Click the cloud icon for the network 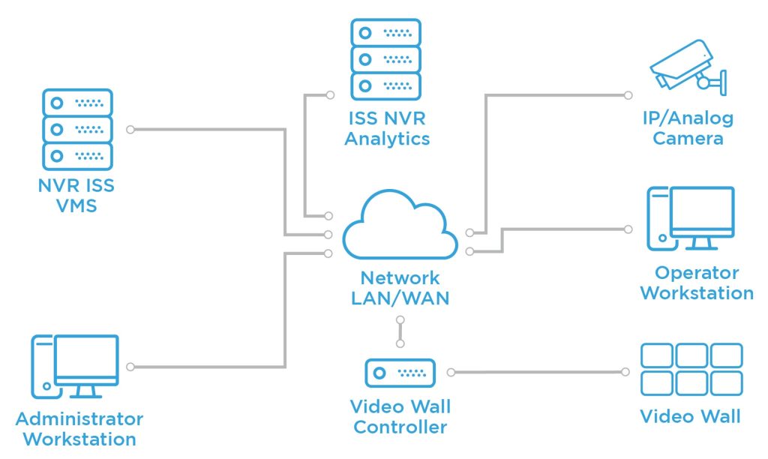click(400, 226)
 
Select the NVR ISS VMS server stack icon click(77, 129)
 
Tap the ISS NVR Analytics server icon click(386, 58)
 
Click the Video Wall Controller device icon click(400, 373)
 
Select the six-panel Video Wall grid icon click(691, 370)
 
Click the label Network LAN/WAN click(400, 287)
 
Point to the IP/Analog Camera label click(688, 128)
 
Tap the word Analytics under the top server click(387, 139)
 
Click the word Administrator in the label click(79, 418)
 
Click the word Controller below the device click(400, 427)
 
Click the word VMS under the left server click(76, 205)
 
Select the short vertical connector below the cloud click(400, 331)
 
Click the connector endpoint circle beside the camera click(628, 95)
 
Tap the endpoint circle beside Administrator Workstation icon click(130, 367)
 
